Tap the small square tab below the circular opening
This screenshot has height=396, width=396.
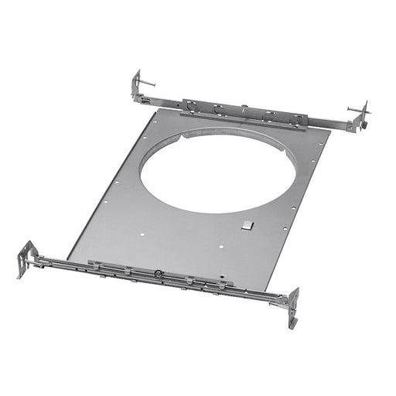coord(246,225)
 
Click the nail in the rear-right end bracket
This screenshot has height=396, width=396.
coord(358,111)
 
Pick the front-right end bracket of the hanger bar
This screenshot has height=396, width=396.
coord(293,306)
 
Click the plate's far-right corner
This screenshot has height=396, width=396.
coord(330,131)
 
